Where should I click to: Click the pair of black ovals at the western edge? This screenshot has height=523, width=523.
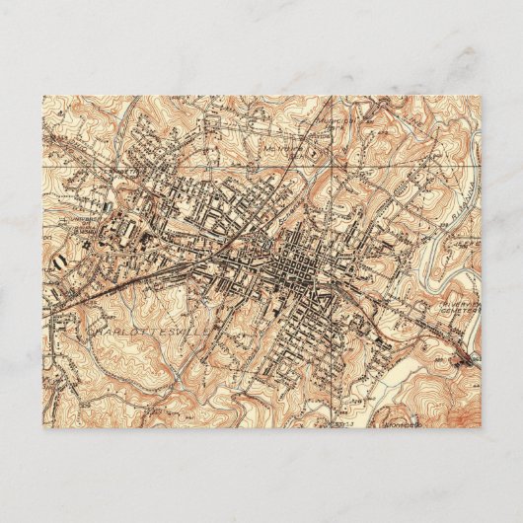pyautogui.click(x=62, y=259)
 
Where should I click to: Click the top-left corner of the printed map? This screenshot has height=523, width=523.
pyautogui.click(x=42, y=96)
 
